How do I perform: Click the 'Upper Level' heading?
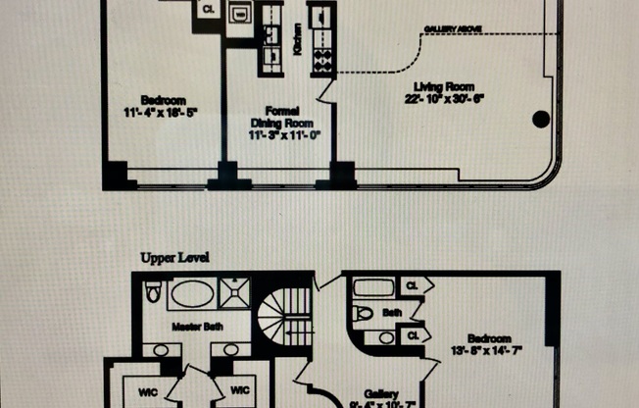(x=174, y=258)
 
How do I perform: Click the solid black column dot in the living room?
(x=540, y=120)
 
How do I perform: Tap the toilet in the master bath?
(x=152, y=293)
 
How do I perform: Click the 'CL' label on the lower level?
(x=209, y=10)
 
